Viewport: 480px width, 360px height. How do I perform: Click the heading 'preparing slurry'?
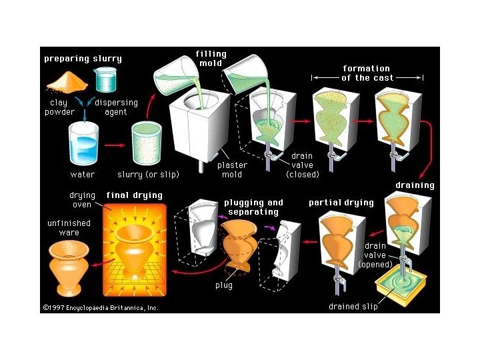pyautogui.click(x=83, y=59)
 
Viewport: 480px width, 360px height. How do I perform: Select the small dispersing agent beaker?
pyautogui.click(x=105, y=81)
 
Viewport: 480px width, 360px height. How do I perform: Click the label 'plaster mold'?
pyautogui.click(x=232, y=170)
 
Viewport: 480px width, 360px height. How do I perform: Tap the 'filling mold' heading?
pyautogui.click(x=211, y=59)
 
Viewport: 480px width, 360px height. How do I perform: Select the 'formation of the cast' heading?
pyautogui.click(x=366, y=73)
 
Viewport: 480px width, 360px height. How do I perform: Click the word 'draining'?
pyautogui.click(x=415, y=185)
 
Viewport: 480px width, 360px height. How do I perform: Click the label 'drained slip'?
pyautogui.click(x=353, y=307)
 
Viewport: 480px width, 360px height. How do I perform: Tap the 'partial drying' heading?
pyautogui.click(x=341, y=203)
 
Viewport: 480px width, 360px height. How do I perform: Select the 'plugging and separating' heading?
pyautogui.click(x=253, y=207)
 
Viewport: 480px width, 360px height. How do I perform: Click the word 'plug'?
pyautogui.click(x=223, y=285)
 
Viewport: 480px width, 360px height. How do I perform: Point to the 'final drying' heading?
pyautogui.click(x=134, y=195)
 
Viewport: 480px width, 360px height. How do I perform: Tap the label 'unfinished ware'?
pyautogui.click(x=69, y=228)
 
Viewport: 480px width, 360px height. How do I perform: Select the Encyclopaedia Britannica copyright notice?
pyautogui.click(x=101, y=308)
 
